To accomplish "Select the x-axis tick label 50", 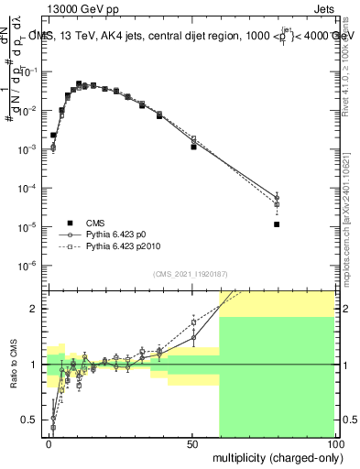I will click(192, 443).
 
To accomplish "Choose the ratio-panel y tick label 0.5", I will click(31, 420).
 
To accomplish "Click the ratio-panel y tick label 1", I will click(35, 365).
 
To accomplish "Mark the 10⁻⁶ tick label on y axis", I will click(29, 266).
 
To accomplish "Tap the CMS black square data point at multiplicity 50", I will click(193, 147).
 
